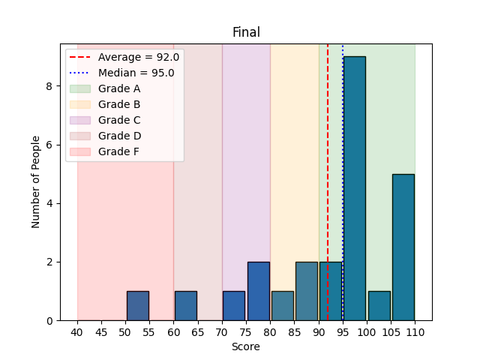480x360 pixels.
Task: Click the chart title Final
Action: (246, 32)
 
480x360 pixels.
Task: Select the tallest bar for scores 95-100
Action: (355, 188)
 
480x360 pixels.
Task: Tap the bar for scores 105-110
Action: (403, 247)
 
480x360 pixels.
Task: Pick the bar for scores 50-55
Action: (138, 306)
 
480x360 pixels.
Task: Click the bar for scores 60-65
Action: (186, 306)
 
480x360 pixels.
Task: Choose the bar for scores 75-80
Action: (259, 291)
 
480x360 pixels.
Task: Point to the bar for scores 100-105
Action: (379, 306)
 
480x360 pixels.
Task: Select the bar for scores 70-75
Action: (234, 306)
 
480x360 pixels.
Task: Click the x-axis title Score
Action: (246, 347)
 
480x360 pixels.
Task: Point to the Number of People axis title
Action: (36, 182)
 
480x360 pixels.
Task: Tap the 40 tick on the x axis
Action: (77, 332)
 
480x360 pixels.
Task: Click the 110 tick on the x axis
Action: (415, 332)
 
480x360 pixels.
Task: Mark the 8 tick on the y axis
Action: (49, 86)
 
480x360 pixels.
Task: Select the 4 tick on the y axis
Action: (49, 203)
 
